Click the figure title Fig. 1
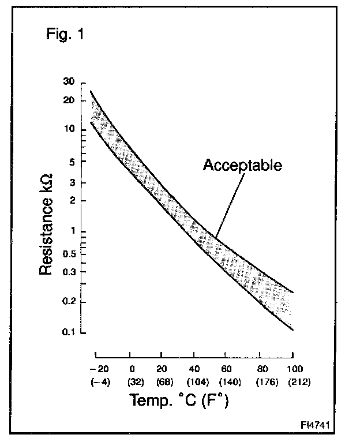pyautogui.click(x=65, y=34)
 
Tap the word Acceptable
pyautogui.click(x=242, y=166)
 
